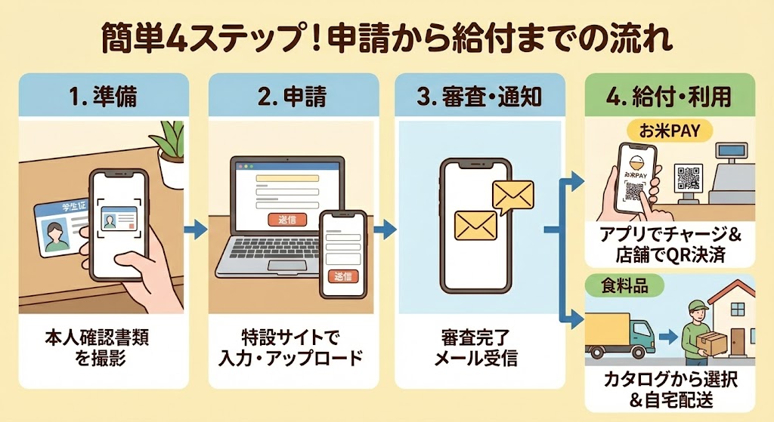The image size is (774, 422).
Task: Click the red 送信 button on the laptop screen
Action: click(283, 220)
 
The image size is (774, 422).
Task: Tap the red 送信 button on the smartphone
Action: click(342, 276)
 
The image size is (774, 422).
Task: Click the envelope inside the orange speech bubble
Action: click(512, 195)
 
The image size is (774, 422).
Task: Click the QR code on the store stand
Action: click(689, 179)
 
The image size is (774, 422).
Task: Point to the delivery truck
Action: click(620, 332)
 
